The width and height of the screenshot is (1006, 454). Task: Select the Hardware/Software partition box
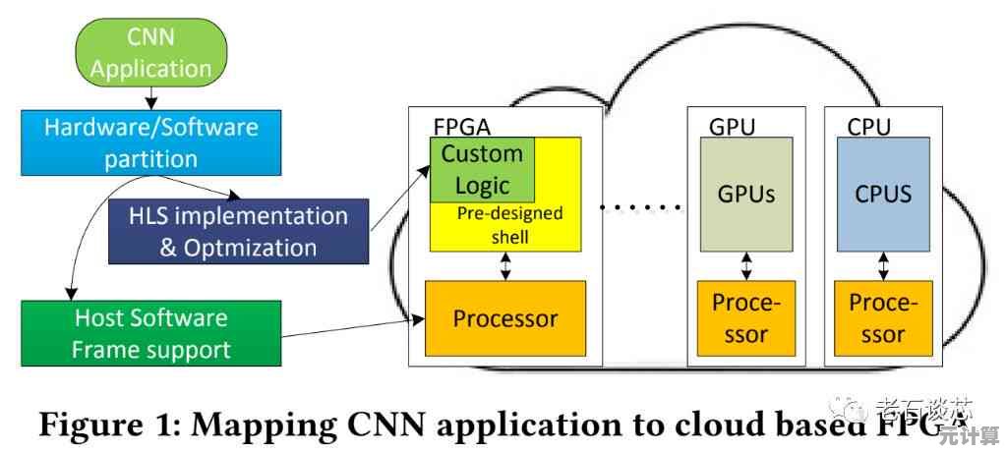152,142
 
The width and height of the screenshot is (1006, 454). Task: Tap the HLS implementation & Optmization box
239,231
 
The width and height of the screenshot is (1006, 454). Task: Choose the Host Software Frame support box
151,333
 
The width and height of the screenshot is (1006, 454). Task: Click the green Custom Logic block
482,170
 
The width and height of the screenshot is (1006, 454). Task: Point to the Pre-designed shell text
509,225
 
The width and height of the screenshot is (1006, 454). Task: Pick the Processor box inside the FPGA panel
504,318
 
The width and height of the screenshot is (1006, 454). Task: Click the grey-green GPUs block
746,194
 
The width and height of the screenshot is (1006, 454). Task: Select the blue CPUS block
883,194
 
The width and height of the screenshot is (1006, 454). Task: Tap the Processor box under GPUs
745,318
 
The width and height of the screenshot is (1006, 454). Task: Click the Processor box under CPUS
883,318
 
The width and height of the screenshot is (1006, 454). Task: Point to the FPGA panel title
462,128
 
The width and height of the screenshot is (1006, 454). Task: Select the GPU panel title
732,128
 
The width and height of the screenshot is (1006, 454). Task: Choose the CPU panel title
868,128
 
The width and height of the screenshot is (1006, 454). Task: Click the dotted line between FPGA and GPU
640,207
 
